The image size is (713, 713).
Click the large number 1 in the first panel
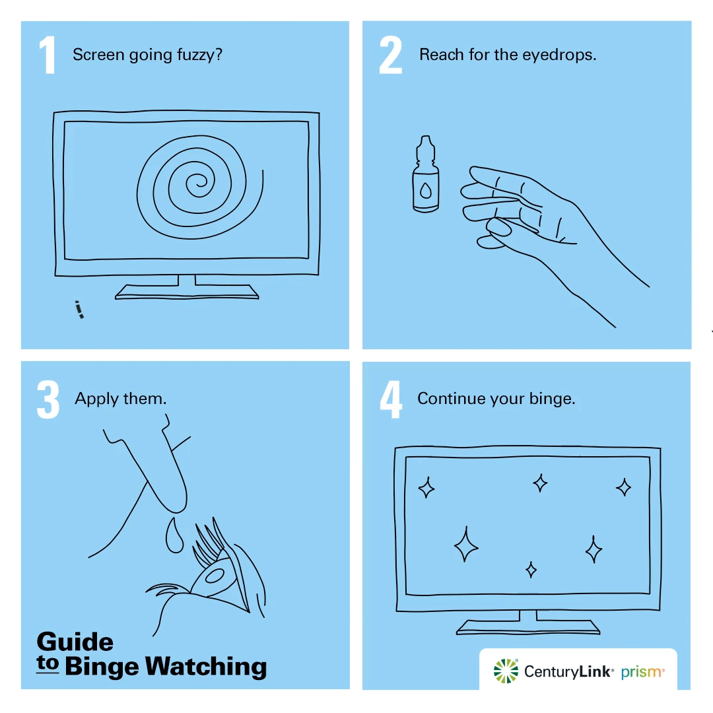(x=48, y=55)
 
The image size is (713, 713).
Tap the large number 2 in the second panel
(x=391, y=55)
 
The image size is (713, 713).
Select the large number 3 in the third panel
(x=48, y=399)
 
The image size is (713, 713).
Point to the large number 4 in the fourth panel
(x=391, y=399)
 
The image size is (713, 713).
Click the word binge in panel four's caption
(x=552, y=399)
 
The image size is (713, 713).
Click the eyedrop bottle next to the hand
(x=426, y=174)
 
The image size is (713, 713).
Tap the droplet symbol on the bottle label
(x=426, y=191)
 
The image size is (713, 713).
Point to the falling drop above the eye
(x=174, y=535)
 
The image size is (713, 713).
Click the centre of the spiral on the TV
(x=199, y=184)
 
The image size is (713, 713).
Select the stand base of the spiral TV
(x=187, y=292)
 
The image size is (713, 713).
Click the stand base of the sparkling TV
(x=528, y=627)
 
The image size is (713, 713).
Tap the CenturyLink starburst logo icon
(x=506, y=671)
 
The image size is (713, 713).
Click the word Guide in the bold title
(x=75, y=642)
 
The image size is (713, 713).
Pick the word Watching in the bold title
(x=206, y=667)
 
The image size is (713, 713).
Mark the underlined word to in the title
(x=48, y=663)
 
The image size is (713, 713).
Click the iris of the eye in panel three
(x=214, y=576)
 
